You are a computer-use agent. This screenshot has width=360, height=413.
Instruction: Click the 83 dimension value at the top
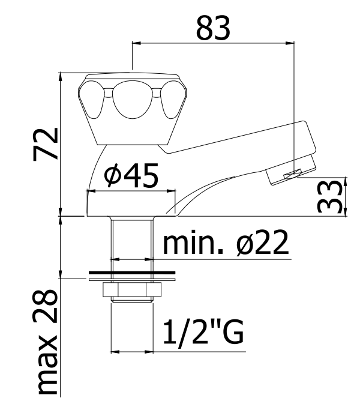pyautogui.click(x=214, y=28)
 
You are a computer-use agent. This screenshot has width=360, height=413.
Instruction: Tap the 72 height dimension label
pyautogui.click(x=45, y=144)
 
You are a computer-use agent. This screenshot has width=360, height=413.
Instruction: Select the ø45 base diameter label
pyautogui.click(x=131, y=175)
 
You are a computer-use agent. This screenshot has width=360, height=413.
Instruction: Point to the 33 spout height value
pyautogui.click(x=331, y=196)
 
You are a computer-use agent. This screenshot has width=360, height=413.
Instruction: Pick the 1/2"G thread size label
pyautogui.click(x=203, y=333)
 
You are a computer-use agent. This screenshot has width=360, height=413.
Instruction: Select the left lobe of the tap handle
pyautogui.click(x=91, y=99)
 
